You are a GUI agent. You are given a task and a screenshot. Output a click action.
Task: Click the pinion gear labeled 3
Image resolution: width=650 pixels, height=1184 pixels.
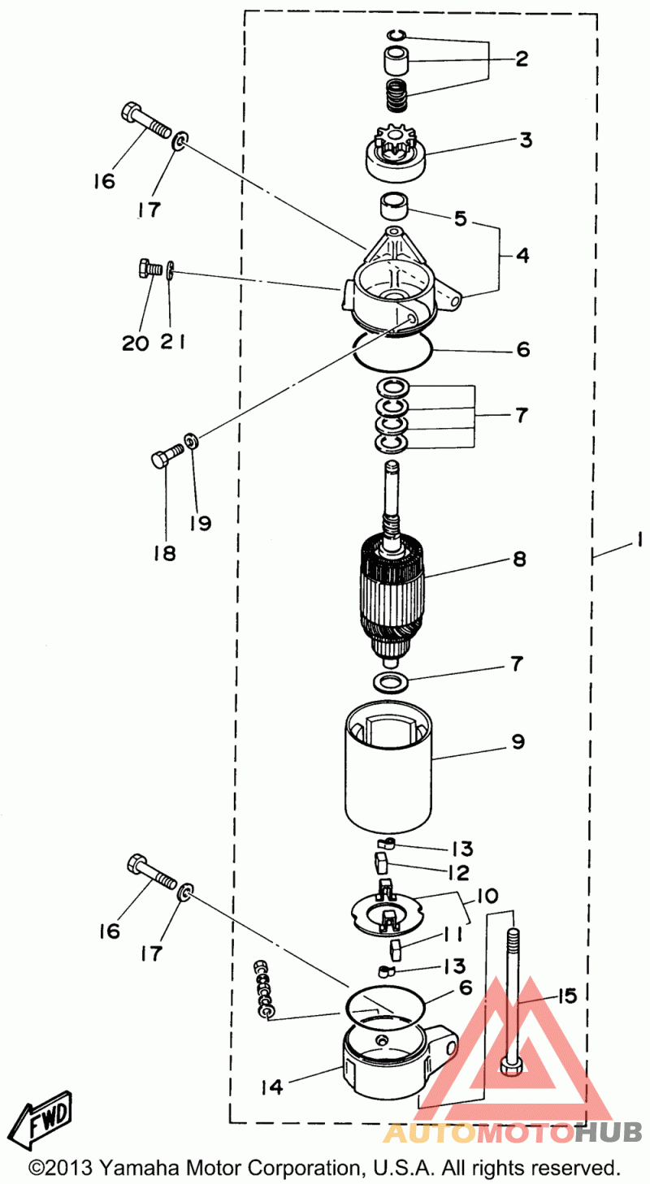(396, 155)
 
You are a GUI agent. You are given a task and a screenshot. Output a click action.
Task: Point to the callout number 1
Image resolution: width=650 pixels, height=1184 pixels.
(639, 539)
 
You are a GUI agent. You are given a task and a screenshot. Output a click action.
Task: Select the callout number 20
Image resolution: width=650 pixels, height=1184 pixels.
(135, 344)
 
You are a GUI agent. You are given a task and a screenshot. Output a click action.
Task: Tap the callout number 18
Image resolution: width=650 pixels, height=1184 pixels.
(164, 553)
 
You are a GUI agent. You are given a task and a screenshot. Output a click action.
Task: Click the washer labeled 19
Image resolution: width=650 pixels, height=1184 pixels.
(191, 440)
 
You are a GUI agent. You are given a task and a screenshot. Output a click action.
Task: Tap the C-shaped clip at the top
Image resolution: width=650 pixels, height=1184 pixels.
(396, 36)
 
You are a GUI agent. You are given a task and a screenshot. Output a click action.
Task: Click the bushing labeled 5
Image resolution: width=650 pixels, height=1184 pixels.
(393, 205)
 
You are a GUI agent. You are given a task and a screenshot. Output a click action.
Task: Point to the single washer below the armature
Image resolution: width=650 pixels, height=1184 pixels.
(391, 682)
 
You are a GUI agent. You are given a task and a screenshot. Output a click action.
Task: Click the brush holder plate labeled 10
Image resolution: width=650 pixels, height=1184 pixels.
(388, 914)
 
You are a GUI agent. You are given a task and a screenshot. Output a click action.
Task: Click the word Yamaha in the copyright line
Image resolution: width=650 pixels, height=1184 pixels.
(135, 1167)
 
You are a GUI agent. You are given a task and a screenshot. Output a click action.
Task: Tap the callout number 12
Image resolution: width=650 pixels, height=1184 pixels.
(458, 872)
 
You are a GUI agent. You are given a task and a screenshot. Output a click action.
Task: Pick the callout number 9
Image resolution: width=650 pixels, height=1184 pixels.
(518, 741)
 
